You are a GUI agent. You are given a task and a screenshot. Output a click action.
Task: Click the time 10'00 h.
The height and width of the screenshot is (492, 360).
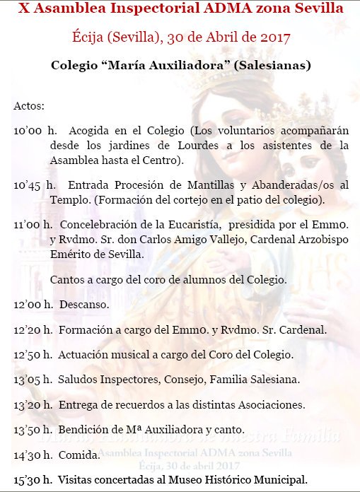coord(34,131)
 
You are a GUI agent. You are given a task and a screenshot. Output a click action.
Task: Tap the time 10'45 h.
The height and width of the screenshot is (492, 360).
coord(34,185)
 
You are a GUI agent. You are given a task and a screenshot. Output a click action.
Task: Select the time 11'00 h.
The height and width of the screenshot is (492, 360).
coord(34,225)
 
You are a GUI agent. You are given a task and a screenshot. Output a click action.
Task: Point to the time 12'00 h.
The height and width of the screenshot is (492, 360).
coord(34,305)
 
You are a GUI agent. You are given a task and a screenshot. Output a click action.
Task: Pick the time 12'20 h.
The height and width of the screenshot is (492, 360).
coord(34,329)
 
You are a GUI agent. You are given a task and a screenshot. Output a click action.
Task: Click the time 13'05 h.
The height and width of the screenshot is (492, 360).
coord(34,380)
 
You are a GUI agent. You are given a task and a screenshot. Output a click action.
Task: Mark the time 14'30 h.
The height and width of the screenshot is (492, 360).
coord(34,455)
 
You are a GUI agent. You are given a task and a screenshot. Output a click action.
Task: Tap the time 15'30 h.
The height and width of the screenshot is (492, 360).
coord(34,480)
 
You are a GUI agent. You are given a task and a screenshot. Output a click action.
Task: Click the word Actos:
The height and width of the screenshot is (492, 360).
coord(29,106)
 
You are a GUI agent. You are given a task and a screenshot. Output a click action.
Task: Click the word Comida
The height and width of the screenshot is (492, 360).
coord(79,455)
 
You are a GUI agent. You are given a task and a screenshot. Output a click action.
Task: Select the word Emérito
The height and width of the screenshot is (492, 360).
coord(70,254)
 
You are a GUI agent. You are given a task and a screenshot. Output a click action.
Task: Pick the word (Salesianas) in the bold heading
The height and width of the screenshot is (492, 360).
coord(272,65)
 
